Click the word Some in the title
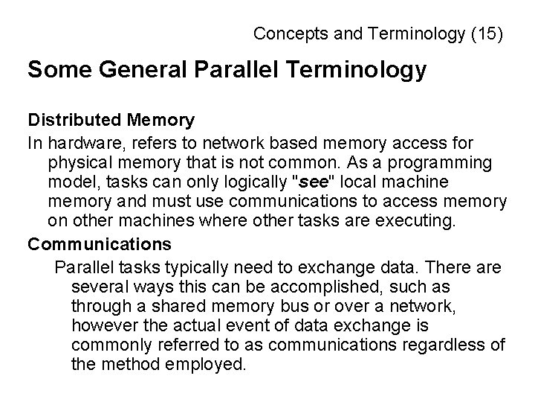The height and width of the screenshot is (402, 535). click(x=54, y=71)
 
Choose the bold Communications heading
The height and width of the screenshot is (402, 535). click(x=100, y=244)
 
